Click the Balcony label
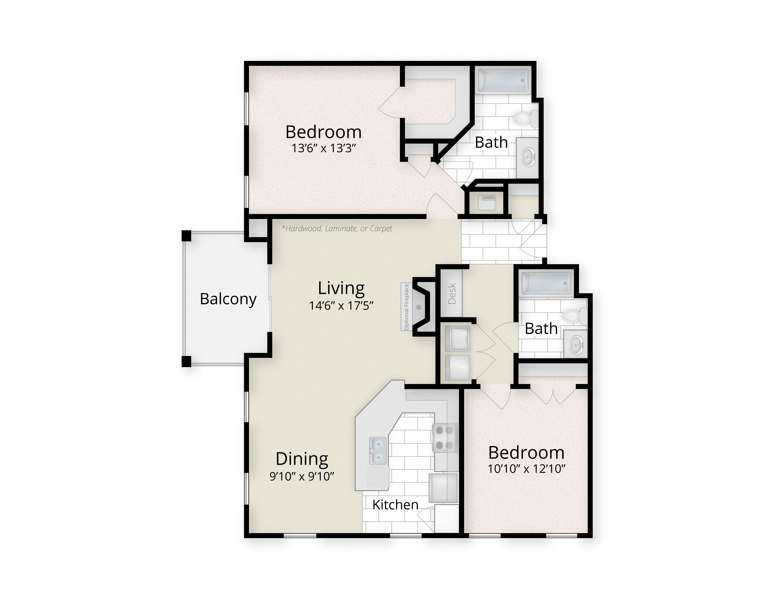click(228, 299)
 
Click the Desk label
click(452, 293)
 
